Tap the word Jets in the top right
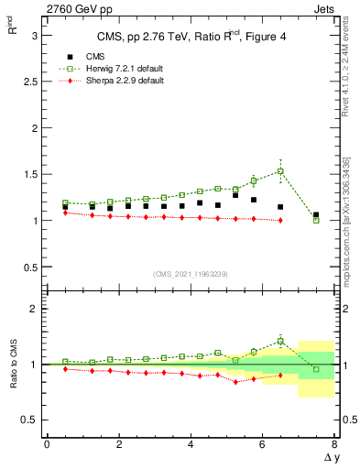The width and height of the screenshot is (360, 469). (x=323, y=8)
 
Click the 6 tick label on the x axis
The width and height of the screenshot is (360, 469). (x=262, y=445)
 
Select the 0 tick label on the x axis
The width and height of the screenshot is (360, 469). (x=47, y=445)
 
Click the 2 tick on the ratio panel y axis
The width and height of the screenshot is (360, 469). (x=33, y=309)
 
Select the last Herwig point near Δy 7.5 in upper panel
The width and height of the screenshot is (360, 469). (x=316, y=220)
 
